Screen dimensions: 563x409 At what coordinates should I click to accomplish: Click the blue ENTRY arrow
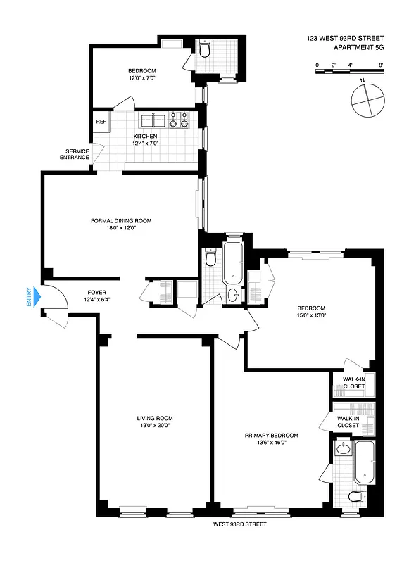[x=39, y=298]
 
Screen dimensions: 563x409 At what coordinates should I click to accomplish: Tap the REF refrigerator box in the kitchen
[x=101, y=121]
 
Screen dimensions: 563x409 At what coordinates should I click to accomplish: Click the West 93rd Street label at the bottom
[x=240, y=524]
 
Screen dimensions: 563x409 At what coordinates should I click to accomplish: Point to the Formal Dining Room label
[x=121, y=220]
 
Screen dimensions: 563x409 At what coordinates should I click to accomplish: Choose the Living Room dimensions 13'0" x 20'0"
[x=153, y=426]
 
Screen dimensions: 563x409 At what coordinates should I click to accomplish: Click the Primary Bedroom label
[x=272, y=436]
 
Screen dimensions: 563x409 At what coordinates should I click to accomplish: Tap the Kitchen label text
[x=146, y=137]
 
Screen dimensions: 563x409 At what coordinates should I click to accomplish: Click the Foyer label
[x=96, y=292]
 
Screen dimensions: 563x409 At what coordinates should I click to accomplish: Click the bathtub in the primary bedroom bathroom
[x=365, y=463]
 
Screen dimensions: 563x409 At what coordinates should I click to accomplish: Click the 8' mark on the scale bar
[x=381, y=65]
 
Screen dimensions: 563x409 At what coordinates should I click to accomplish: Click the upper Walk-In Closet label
[x=354, y=383]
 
